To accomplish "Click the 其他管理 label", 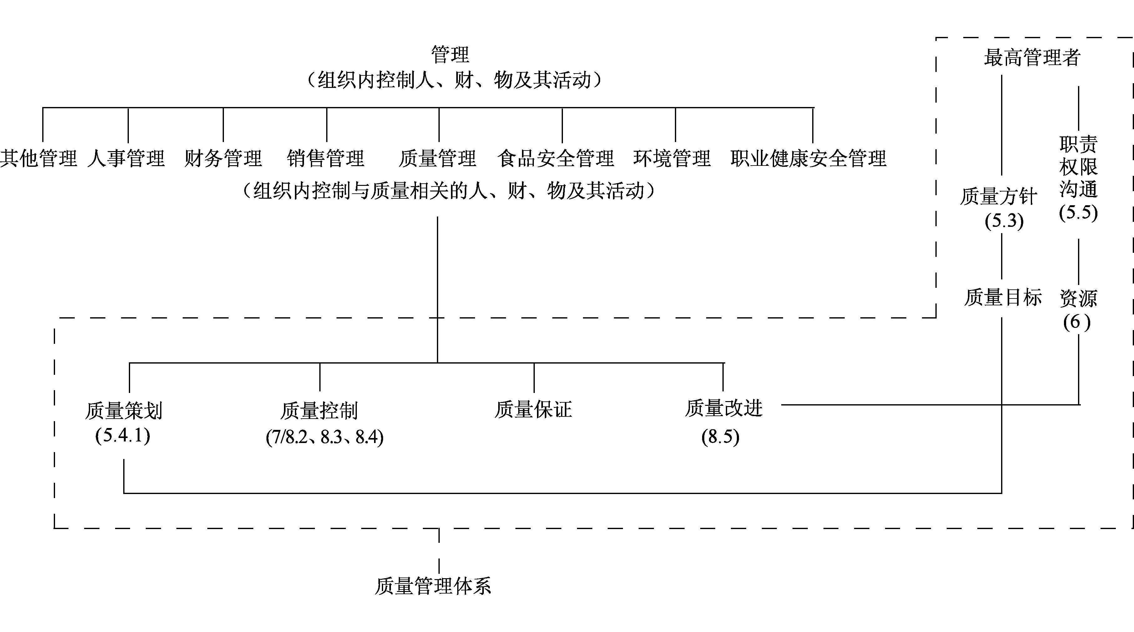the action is click(x=39, y=158).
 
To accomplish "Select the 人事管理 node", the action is click(x=126, y=158).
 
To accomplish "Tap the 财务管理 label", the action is click(x=223, y=158).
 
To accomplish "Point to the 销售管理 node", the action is click(x=326, y=158).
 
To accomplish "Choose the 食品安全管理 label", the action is click(x=555, y=158).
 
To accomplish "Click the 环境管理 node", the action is click(x=672, y=158).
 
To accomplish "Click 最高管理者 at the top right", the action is click(x=1032, y=57).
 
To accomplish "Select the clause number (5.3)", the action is click(x=1004, y=221).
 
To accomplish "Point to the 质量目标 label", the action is click(x=1003, y=297).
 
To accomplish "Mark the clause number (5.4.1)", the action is click(x=123, y=436).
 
